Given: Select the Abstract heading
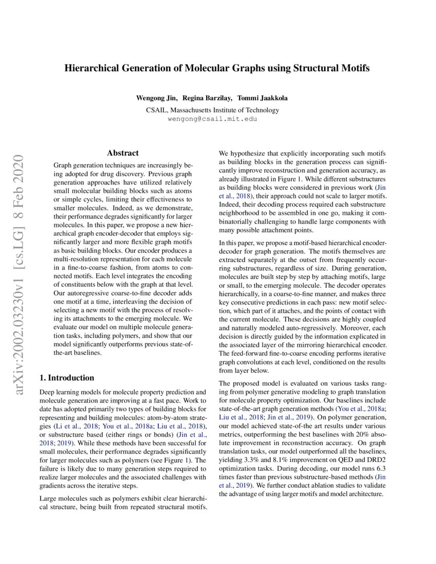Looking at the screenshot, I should (123, 153).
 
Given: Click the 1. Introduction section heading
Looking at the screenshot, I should (67, 378).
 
